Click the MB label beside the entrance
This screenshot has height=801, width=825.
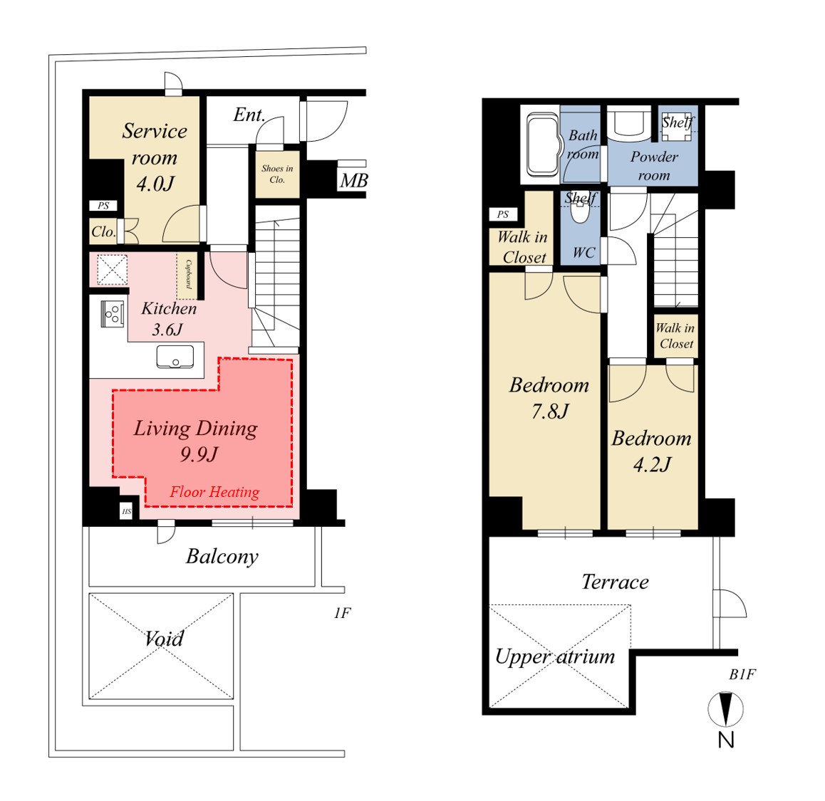[353, 181]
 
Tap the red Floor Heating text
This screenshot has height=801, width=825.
[214, 492]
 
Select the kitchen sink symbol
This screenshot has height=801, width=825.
[175, 357]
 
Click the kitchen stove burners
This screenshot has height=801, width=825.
[113, 314]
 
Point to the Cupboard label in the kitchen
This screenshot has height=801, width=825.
[188, 275]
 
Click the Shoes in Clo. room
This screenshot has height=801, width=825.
[277, 174]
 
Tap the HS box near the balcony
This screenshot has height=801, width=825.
[126, 511]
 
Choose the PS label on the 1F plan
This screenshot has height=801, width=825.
[103, 206]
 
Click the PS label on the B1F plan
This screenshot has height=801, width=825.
[503, 214]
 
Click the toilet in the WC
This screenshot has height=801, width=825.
[580, 212]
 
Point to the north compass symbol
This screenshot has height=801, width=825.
[725, 709]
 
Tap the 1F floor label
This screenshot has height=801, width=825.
[342, 613]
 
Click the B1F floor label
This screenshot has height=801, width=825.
[742, 674]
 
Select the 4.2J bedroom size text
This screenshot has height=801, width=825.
[653, 465]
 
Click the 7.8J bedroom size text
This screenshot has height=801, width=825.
[550, 412]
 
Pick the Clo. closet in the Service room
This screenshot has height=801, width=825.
[103, 231]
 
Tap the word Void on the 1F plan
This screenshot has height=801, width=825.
[164, 639]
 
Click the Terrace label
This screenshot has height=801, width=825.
[615, 582]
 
